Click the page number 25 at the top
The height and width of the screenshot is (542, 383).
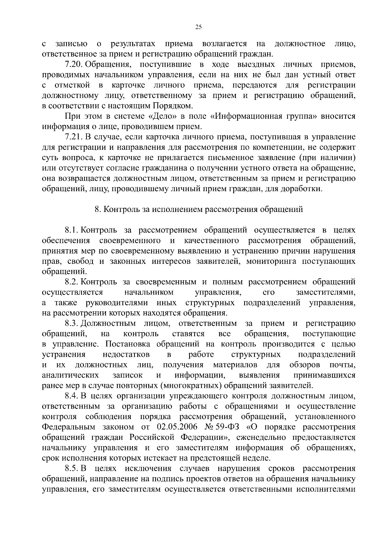[x=198, y=27]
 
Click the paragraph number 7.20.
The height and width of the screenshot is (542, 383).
[x=74, y=64]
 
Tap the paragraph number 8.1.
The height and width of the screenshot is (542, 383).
[x=72, y=230]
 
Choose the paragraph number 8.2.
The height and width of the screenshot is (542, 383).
[x=72, y=282]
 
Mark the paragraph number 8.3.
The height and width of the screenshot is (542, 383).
[x=72, y=324]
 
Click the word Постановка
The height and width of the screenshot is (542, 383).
[x=126, y=344]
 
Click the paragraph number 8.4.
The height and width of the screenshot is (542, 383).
[x=72, y=396]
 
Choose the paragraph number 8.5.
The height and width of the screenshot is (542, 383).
[x=72, y=468]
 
